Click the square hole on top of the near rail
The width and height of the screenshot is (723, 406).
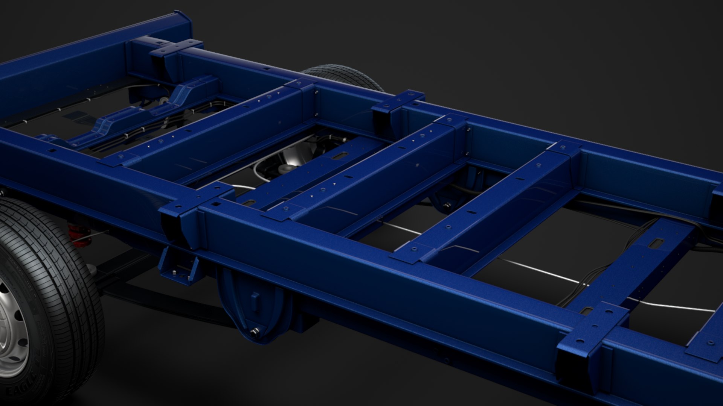216,204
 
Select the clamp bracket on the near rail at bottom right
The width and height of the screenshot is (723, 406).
591,338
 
